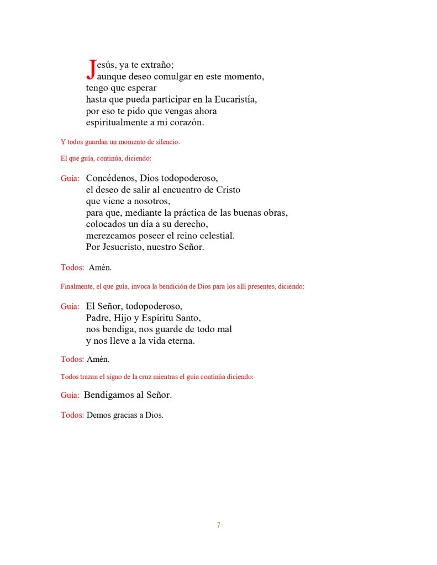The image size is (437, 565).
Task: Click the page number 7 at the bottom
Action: (x=218, y=525)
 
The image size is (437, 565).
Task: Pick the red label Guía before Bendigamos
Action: (x=70, y=395)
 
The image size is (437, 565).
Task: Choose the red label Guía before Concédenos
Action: (x=70, y=178)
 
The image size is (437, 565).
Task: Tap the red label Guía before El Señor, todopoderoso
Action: (x=70, y=306)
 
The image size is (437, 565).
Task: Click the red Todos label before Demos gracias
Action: (x=71, y=415)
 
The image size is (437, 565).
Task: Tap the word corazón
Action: (x=185, y=123)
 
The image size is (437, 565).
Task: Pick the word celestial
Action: (x=217, y=236)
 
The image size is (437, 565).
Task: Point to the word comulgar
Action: (x=156, y=77)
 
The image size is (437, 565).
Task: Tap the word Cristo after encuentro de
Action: (x=228, y=190)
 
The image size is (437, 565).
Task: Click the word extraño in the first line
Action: (x=157, y=65)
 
